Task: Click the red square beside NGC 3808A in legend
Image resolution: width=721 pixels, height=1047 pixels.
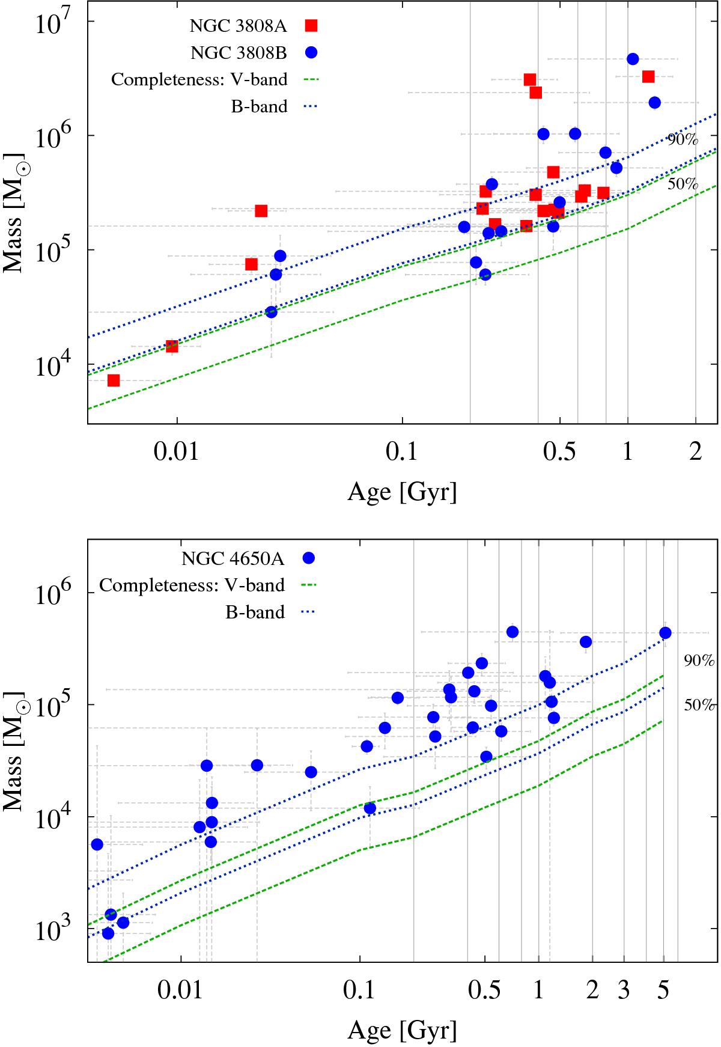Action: [311, 25]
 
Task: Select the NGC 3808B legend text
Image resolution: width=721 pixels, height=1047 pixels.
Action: [239, 53]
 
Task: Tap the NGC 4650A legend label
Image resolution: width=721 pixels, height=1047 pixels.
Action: [233, 559]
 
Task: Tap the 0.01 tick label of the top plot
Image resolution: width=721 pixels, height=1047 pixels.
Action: [177, 452]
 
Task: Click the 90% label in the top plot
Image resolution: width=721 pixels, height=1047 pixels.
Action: [683, 140]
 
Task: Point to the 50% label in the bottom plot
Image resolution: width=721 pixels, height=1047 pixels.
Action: [699, 705]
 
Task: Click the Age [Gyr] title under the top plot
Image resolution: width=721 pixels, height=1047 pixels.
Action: [402, 492]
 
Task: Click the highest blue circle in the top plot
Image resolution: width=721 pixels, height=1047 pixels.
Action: [633, 59]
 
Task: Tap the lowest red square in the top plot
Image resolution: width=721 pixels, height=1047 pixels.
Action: [114, 380]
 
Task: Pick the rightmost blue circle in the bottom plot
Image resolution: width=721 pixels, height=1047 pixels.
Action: [665, 633]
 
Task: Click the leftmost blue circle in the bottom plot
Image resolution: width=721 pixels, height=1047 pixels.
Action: [97, 844]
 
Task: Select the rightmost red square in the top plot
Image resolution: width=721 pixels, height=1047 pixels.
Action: [648, 76]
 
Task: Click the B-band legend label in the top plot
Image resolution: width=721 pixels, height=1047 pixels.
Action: [259, 107]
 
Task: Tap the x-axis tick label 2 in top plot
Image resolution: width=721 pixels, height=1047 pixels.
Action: [696, 452]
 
